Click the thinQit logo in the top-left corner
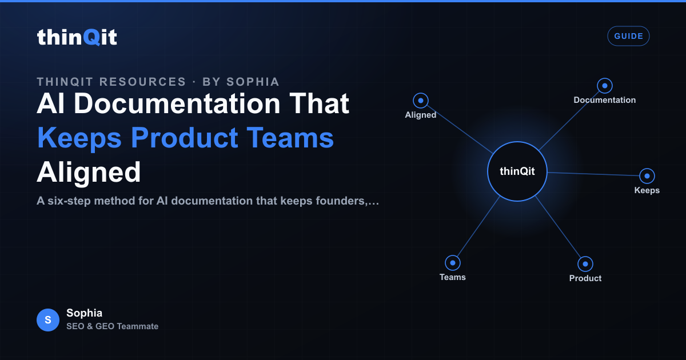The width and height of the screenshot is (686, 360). (77, 37)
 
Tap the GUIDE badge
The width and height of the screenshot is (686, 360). (628, 36)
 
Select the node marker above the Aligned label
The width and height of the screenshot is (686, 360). (421, 101)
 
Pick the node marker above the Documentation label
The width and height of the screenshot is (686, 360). (605, 86)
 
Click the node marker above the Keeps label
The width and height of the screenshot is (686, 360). (647, 176)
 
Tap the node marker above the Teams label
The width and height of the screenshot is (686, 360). (453, 263)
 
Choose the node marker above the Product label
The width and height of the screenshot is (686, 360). (585, 264)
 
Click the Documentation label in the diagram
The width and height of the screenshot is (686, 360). (605, 100)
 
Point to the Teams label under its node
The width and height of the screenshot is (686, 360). (453, 277)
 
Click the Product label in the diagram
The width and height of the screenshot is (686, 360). (585, 278)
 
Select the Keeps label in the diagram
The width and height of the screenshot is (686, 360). (647, 190)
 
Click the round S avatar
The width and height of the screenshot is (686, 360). (48, 320)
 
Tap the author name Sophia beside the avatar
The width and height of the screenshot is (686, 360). (84, 313)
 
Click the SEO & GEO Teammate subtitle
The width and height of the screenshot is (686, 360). (113, 326)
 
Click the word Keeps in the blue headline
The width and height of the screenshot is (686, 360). (79, 138)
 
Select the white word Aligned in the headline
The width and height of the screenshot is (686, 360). (89, 173)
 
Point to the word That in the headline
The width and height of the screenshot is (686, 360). (320, 103)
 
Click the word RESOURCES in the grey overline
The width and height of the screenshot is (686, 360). (143, 82)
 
